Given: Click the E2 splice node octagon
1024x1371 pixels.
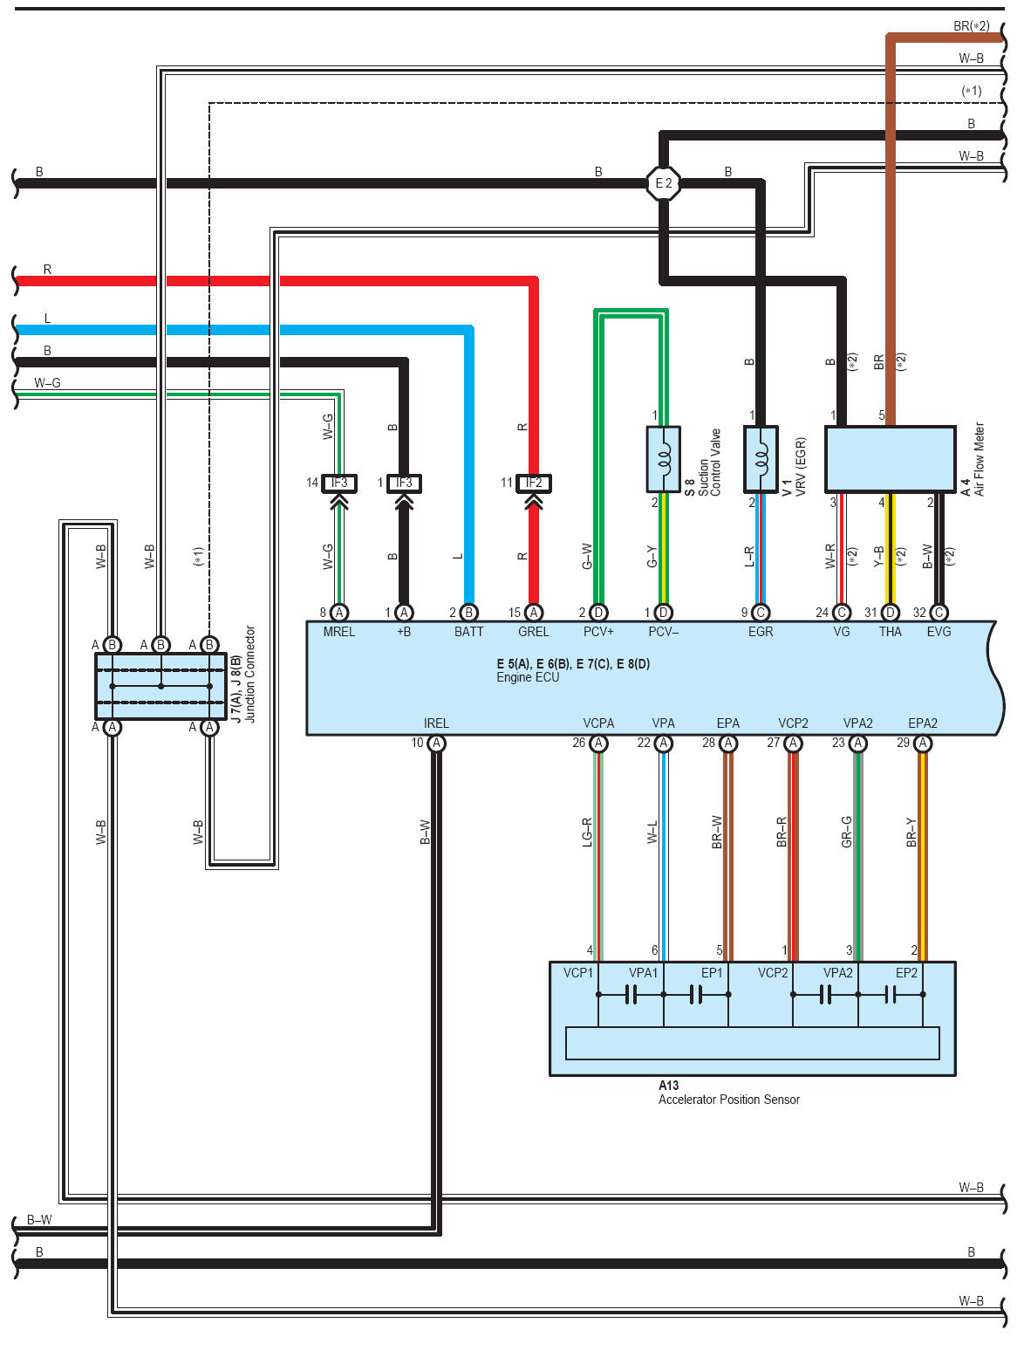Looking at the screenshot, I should click(664, 183).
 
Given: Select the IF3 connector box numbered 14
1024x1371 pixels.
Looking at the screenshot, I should click(339, 483).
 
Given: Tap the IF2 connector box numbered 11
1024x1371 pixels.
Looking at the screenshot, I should click(534, 483).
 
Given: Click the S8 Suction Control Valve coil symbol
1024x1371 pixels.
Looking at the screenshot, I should click(664, 459).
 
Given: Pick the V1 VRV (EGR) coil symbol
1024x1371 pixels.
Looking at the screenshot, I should click(761, 459).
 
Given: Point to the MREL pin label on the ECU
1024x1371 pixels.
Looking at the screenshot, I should click(339, 632).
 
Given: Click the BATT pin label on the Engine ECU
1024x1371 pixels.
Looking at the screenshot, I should click(468, 632).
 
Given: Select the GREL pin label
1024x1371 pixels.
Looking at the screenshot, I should click(534, 632).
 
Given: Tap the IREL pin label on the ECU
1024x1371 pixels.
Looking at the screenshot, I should click(436, 723).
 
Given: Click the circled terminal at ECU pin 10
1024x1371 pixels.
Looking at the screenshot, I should click(437, 744).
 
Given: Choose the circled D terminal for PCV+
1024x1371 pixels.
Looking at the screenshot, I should click(598, 613).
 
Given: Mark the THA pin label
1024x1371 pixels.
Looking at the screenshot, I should click(890, 632).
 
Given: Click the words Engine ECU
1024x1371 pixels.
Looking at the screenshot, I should click(528, 677).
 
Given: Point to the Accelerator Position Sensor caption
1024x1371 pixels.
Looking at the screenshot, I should click(728, 1100).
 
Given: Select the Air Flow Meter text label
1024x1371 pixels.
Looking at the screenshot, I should click(980, 459).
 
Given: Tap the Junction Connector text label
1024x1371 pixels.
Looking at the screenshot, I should click(250, 674).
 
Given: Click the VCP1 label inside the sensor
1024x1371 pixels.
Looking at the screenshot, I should click(577, 973).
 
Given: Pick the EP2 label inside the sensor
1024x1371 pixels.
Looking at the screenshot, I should click(906, 973).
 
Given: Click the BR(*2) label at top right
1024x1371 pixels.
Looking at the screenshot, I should click(971, 26).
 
